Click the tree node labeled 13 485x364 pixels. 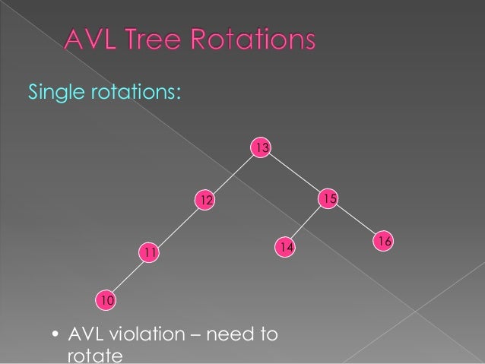262,147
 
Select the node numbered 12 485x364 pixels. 204,199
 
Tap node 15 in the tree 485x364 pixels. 328,198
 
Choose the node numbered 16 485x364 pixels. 384,241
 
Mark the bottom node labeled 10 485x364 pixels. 107,301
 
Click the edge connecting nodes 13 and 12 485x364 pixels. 233,173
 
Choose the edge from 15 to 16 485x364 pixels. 357,220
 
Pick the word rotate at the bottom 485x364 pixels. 90,356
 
